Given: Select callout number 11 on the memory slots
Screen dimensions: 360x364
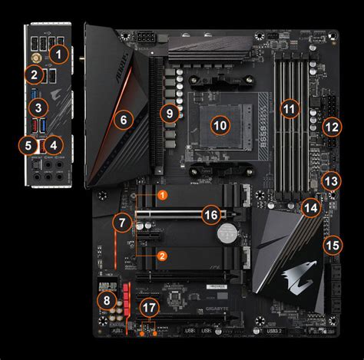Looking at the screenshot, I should pos(289,109).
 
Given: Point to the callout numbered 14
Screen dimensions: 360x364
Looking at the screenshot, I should pos(310,207).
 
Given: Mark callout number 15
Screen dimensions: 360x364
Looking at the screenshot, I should pos(331,246).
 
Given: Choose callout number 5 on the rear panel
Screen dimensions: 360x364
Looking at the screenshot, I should pos(28,144).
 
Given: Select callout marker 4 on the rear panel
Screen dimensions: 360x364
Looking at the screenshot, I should pos(52,144).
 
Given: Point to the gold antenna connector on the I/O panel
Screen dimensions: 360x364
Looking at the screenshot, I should pos(35,56).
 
